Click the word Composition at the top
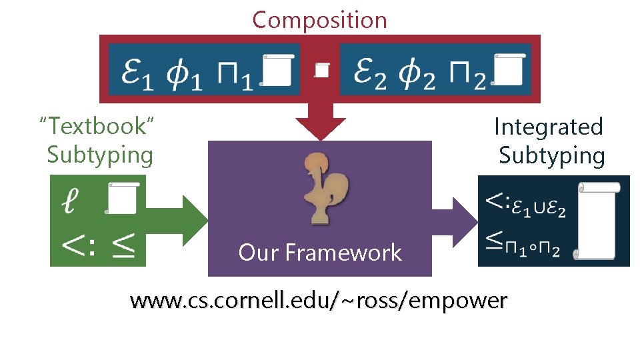pos(319,20)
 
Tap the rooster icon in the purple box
pos(320,187)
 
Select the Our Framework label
pos(320,253)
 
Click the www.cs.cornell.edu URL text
pos(319,301)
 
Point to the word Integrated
pos(548,127)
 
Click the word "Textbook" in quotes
pos(97,125)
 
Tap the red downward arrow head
pos(321,127)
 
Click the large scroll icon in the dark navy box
pos(598,221)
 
